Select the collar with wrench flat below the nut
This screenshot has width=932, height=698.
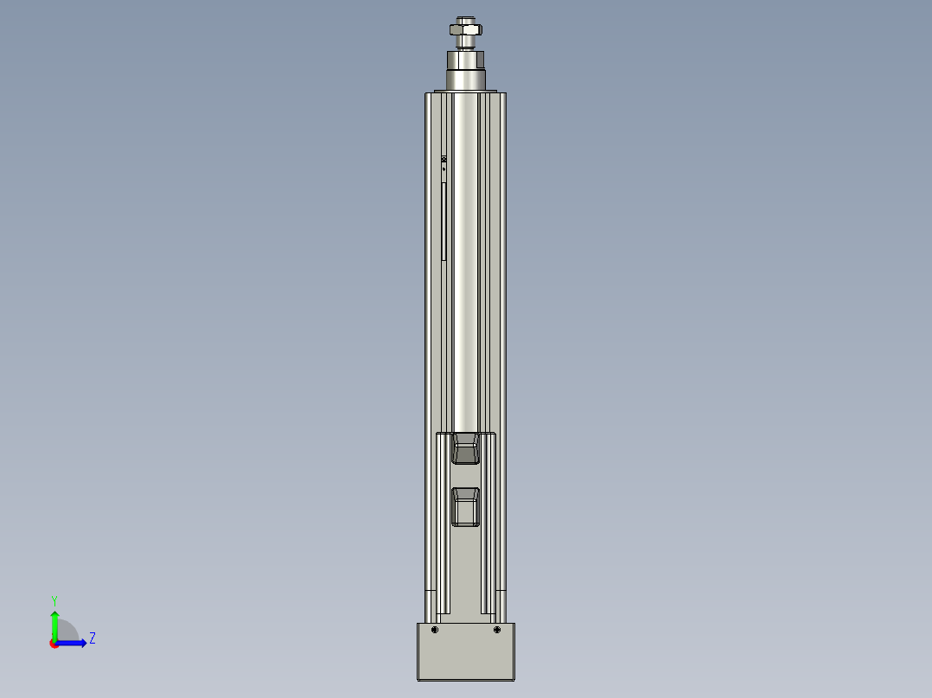465,60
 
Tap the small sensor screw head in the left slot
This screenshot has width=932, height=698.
444,161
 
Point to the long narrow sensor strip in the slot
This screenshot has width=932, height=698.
444,220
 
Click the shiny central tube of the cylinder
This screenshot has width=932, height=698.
465,259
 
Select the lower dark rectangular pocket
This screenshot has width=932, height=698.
466,506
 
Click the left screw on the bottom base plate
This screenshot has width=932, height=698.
435,630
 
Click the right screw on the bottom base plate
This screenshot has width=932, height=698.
497,630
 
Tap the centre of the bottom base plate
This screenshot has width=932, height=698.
466,652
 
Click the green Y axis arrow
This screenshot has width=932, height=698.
54,622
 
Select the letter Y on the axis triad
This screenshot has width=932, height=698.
54,600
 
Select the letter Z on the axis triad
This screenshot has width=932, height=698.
92,638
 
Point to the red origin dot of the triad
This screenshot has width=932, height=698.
54,644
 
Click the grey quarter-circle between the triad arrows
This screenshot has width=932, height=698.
67,631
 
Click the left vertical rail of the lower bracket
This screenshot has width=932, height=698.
444,527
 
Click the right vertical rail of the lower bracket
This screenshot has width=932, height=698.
488,527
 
